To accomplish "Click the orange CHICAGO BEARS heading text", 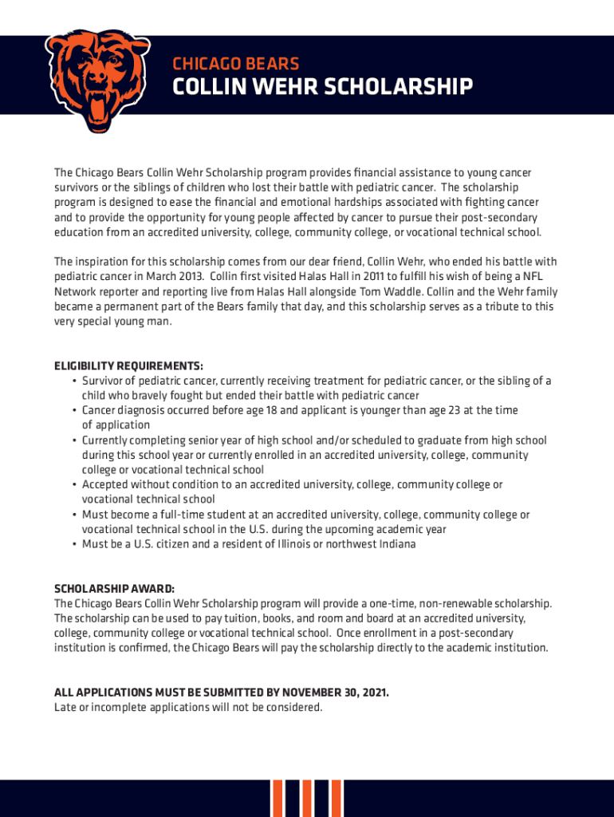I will (x=237, y=64).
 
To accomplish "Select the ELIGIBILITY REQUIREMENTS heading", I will (x=128, y=366).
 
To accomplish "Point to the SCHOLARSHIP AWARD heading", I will (x=113, y=588).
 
